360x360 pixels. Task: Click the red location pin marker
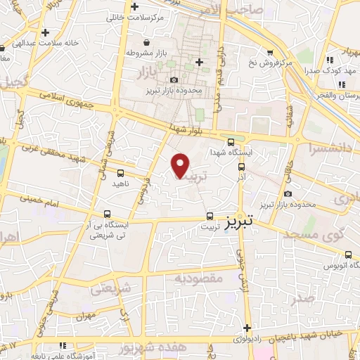click(181, 165)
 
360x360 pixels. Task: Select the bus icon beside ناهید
click(120, 173)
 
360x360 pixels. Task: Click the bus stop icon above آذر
click(241, 167)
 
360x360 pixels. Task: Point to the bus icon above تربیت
click(210, 217)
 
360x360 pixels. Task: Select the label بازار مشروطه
click(148, 53)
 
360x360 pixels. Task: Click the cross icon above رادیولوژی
click(247, 327)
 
